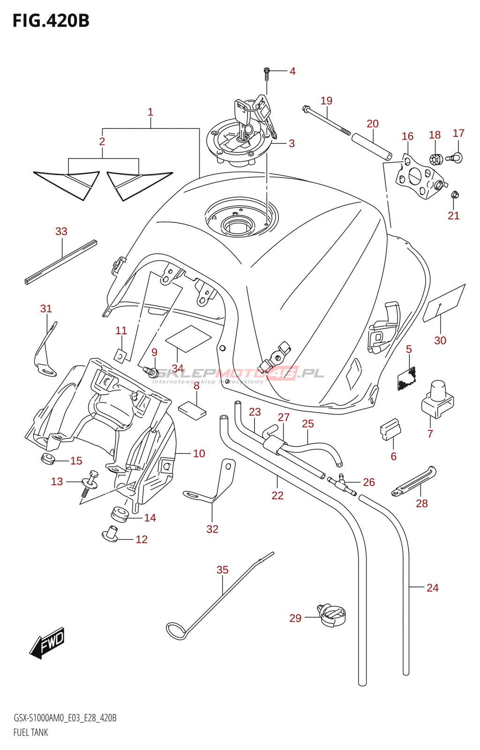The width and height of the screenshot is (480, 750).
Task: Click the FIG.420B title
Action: [51, 21]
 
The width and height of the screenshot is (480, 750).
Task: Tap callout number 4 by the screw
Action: [292, 71]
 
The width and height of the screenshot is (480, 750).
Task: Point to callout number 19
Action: [327, 101]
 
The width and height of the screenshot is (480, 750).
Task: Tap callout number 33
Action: [61, 231]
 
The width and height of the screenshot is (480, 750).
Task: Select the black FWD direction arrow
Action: [47, 643]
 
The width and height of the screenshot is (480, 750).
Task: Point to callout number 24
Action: [432, 588]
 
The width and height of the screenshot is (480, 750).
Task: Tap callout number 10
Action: [199, 453]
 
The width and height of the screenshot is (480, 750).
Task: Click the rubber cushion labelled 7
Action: [438, 399]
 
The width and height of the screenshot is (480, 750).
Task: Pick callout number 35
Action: [223, 570]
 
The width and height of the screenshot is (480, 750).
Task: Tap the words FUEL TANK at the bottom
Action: [31, 732]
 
